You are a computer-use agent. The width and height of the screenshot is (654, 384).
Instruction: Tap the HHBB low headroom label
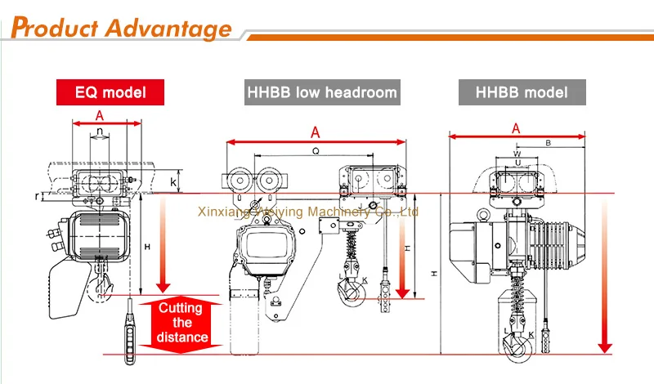321,92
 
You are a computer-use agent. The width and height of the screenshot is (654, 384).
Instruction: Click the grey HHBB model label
523,92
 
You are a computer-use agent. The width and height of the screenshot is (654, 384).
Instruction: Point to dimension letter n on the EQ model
99,131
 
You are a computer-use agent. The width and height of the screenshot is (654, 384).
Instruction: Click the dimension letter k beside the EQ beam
172,181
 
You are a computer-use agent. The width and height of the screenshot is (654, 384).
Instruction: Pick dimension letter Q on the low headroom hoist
315,150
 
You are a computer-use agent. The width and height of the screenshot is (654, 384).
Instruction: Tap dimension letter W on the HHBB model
517,153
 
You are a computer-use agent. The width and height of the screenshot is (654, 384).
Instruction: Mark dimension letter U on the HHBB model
517,163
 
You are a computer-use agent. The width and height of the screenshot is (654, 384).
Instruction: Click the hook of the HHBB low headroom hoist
354,287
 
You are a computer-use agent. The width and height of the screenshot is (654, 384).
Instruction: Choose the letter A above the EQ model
100,114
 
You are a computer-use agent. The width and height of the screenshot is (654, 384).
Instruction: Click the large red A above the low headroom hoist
315,131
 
